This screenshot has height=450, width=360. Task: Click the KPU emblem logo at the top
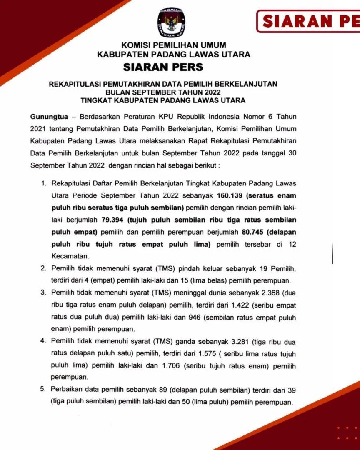[172, 23]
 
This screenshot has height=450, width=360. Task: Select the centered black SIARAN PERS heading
[163, 67]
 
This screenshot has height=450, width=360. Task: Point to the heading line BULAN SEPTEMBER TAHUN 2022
[163, 92]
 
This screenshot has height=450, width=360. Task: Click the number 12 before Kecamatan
[292, 245]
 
